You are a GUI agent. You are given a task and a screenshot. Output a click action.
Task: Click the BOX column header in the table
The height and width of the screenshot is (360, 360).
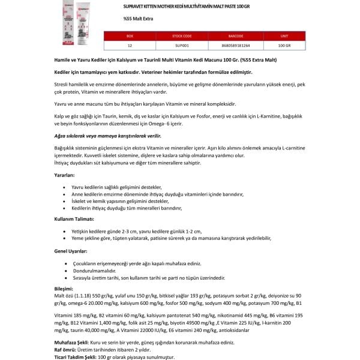point(130,36)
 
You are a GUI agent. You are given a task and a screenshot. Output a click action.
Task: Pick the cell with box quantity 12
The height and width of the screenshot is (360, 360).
point(130,44)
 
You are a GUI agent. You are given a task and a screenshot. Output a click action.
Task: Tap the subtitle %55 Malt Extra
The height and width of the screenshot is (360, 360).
point(133,19)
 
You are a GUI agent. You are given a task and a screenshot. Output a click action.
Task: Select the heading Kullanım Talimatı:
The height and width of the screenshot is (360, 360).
point(74,220)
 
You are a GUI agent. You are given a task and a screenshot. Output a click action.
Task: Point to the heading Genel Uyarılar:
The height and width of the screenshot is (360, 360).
point(71,251)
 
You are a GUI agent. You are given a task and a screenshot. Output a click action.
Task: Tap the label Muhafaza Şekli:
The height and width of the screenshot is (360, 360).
point(71,340)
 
